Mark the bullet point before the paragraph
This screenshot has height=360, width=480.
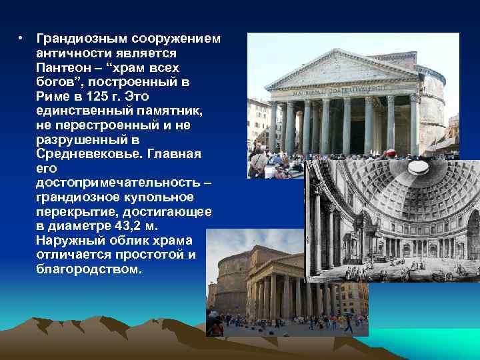(22, 37)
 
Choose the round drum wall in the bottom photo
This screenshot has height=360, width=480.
(227, 276)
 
